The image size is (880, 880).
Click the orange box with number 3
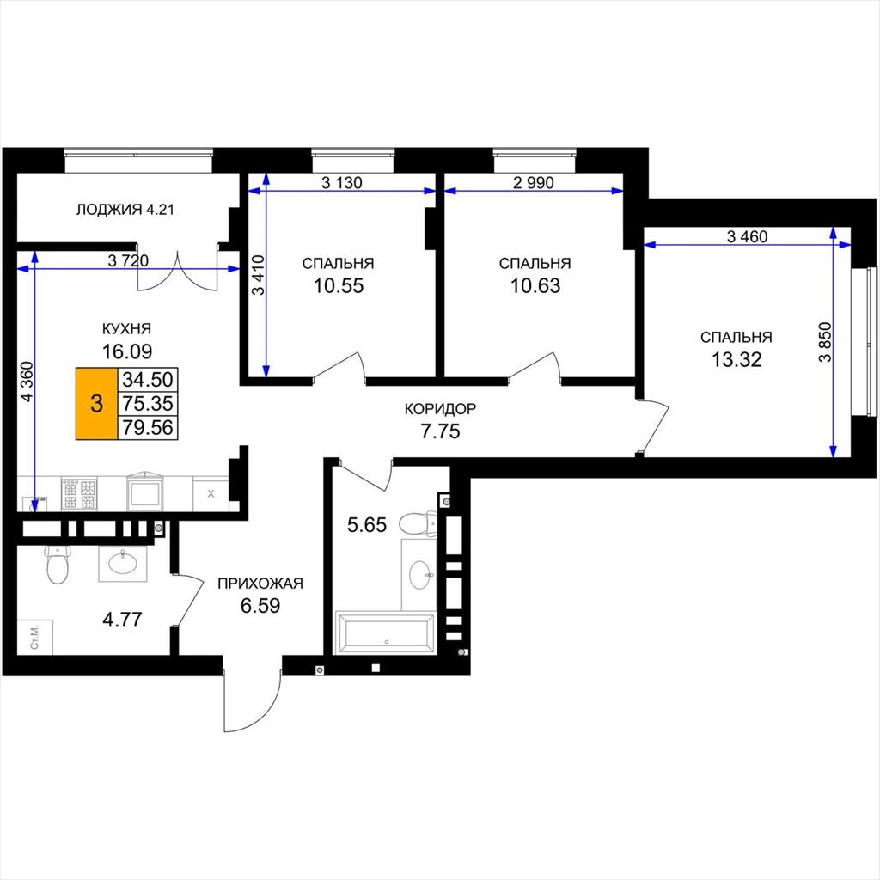coord(96,404)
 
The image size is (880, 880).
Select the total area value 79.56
coord(148,428)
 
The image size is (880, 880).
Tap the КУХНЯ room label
coord(126,328)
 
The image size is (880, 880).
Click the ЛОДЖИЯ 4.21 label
coord(125,210)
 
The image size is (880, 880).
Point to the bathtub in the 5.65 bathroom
coord(385,632)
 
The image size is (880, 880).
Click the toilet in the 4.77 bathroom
coord(57,564)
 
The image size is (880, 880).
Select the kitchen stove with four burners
coord(79,494)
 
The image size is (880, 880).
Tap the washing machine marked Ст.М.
coord(34,637)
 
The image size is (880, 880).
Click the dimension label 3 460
coord(747,237)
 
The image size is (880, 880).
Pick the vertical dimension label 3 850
coord(825,342)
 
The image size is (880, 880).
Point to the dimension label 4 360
coord(27,382)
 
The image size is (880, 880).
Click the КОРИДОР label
coord(440,408)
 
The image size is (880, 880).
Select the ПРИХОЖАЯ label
coord(260,584)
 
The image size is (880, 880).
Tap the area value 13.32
coord(736,359)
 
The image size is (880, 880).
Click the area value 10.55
coord(339,285)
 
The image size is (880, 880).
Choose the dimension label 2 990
coord(533,182)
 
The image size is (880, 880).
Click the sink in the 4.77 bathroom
coord(123,564)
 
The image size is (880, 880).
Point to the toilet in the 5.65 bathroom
coord(418,523)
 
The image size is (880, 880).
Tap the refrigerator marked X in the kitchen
coord(211,494)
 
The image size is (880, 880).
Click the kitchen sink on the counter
coord(145,492)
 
